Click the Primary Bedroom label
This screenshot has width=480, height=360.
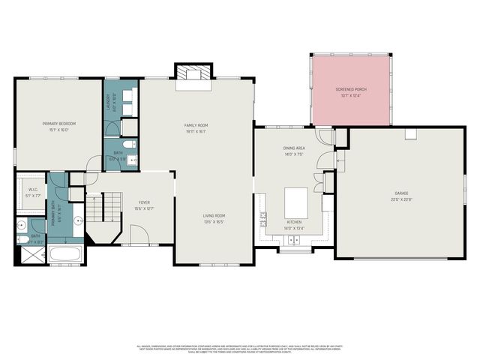coord(58,124)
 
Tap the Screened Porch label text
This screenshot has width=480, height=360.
coord(351,89)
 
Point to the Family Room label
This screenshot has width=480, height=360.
coord(196,125)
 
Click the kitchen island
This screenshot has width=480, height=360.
coord(296,201)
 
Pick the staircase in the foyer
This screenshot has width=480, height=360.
coord(103,206)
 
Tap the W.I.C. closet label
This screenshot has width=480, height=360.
coord(33,190)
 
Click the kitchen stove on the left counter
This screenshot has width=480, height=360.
coord(263,219)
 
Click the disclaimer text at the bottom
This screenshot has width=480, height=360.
coord(240,348)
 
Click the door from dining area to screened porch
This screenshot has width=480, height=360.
coord(324,136)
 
